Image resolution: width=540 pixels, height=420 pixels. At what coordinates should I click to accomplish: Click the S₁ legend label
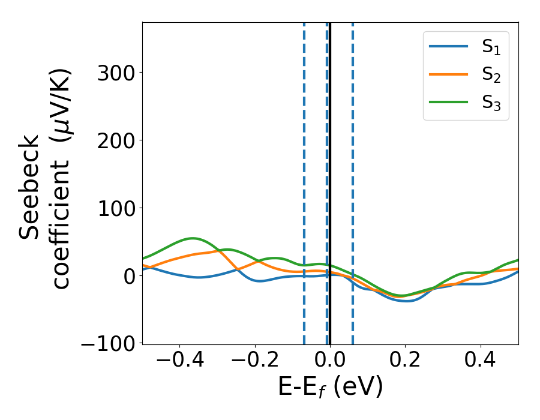click(491, 49)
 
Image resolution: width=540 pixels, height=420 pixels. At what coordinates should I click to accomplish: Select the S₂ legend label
click(491, 76)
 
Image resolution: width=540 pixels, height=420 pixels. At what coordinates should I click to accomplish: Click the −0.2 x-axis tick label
click(255, 362)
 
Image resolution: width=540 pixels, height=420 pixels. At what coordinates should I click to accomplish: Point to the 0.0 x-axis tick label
click(330, 362)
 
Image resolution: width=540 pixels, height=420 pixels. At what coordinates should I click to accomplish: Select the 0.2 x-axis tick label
click(405, 362)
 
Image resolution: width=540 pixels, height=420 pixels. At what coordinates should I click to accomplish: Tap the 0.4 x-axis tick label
click(481, 362)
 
